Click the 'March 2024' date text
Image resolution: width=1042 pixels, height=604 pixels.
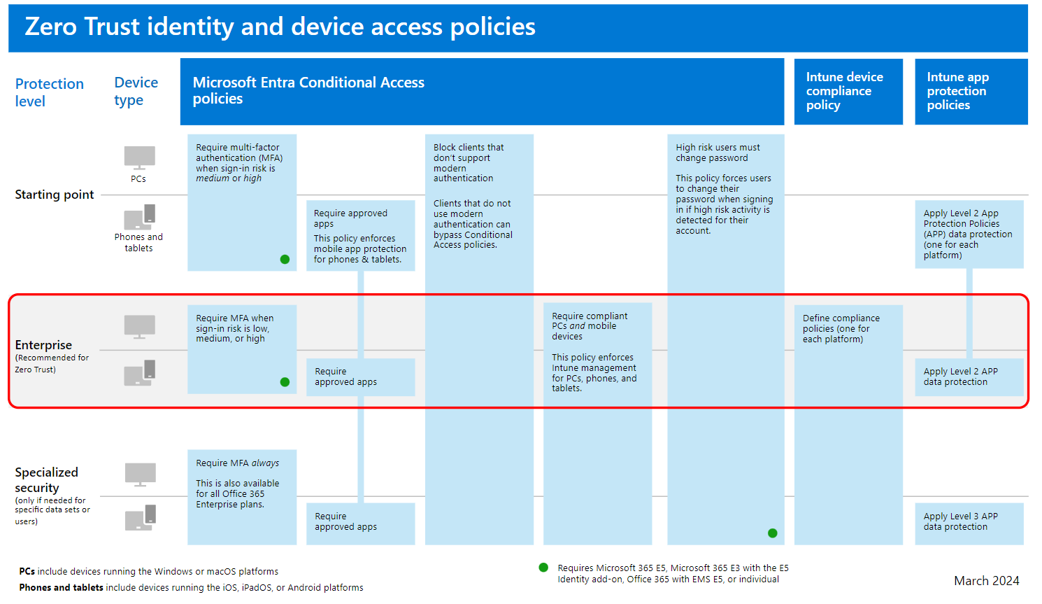986,581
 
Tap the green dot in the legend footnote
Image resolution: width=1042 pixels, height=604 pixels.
543,567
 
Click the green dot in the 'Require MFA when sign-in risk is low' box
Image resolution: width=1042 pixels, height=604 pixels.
285,382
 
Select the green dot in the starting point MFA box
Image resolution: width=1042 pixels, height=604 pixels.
285,260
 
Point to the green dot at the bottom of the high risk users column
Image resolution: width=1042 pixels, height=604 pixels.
773,533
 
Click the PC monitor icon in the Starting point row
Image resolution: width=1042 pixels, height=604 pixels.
140,158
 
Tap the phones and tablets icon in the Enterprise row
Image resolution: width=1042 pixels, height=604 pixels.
140,372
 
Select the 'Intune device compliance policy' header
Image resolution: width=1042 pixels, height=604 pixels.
848,91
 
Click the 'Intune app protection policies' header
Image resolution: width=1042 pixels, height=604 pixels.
971,91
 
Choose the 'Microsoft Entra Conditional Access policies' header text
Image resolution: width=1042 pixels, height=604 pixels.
308,90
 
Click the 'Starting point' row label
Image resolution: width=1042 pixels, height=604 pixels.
55,194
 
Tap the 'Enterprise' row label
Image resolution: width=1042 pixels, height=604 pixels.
43,344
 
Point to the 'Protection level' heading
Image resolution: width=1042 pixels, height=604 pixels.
50,92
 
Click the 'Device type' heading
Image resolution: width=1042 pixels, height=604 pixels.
136,91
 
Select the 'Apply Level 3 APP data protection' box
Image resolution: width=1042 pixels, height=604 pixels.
969,524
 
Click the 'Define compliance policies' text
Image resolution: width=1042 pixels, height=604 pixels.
841,328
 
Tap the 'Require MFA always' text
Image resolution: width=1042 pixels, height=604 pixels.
237,463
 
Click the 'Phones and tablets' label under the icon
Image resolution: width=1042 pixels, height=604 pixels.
138,242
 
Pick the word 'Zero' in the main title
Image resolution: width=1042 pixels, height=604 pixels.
51,27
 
